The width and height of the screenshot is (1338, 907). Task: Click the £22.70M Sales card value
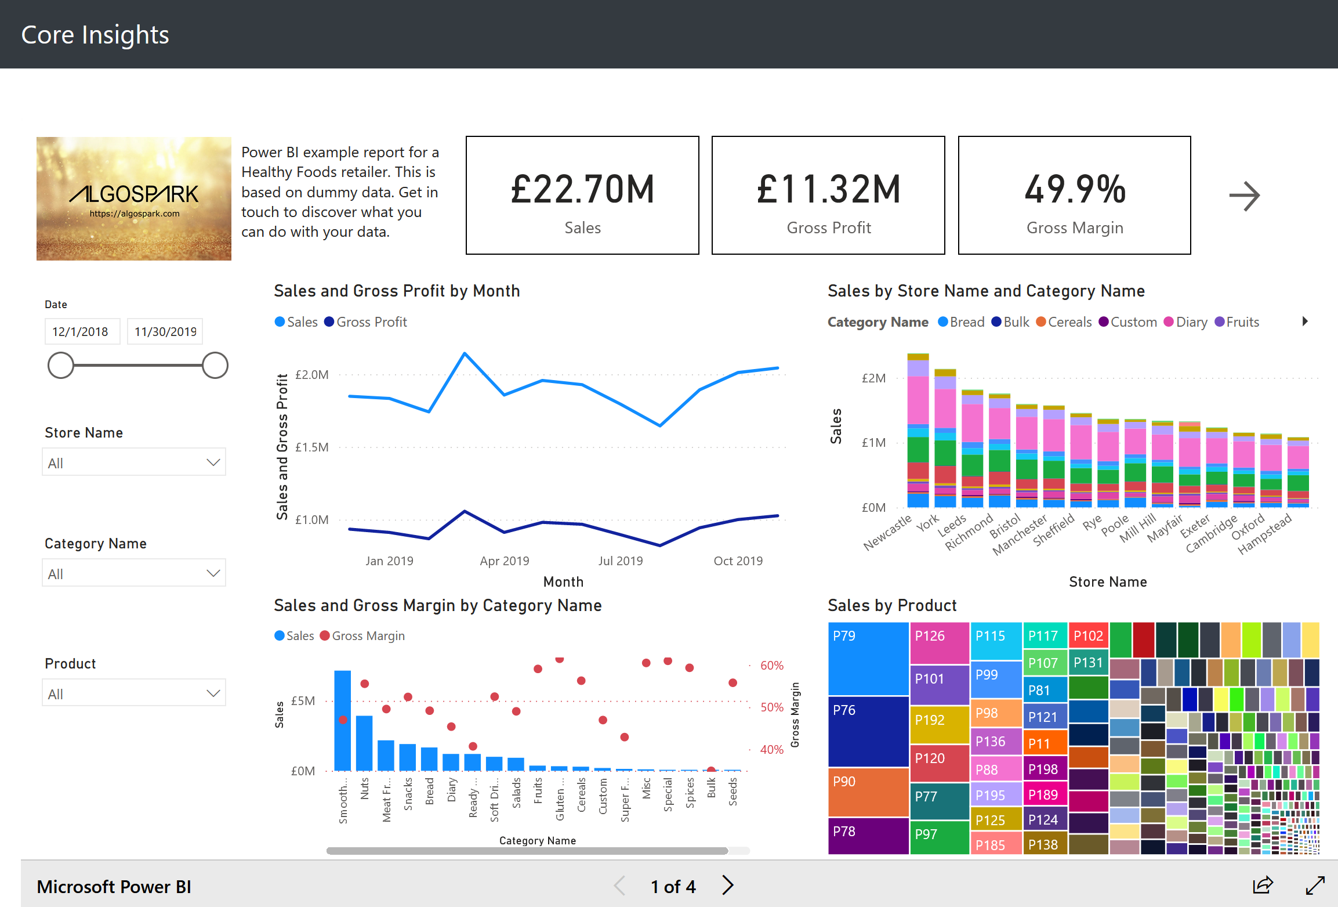(x=582, y=189)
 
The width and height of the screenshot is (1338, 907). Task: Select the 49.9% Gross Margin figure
(x=1075, y=189)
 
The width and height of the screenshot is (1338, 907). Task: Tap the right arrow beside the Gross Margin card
(x=1244, y=196)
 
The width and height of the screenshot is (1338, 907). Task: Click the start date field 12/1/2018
(x=81, y=332)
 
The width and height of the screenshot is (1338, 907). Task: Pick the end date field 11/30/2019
(x=165, y=332)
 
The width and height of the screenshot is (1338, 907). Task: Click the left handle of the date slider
(x=61, y=366)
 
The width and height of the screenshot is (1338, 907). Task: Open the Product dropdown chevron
(x=213, y=693)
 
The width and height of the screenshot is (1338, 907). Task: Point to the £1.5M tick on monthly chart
(x=311, y=447)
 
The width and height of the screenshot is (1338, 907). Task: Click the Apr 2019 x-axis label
(x=504, y=561)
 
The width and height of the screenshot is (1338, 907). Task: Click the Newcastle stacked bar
(x=918, y=441)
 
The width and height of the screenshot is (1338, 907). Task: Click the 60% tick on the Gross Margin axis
(x=771, y=666)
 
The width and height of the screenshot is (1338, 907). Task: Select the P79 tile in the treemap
(x=868, y=659)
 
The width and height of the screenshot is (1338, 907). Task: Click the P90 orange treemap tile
(x=868, y=792)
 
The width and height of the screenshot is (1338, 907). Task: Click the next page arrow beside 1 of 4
(x=727, y=886)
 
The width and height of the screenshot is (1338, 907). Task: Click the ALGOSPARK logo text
(x=134, y=194)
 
